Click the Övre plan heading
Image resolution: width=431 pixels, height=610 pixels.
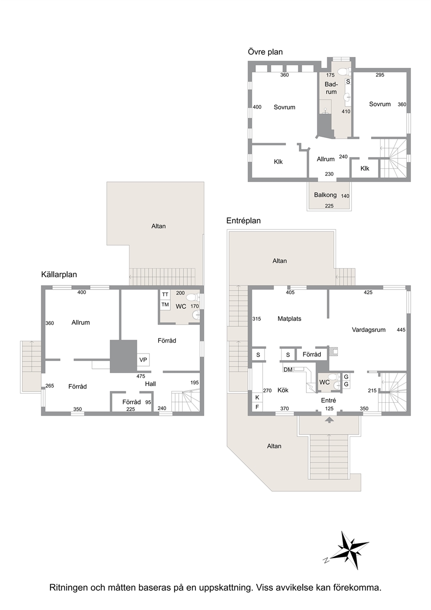[x=265, y=52]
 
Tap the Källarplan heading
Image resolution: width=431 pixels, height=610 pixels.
[x=59, y=274]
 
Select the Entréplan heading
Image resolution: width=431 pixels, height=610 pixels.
[x=244, y=220]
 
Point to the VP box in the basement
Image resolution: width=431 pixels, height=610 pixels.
[x=143, y=360]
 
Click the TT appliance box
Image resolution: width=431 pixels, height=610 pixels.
[x=165, y=294]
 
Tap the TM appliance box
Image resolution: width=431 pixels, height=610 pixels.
[x=165, y=304]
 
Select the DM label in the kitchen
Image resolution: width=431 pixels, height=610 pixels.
[x=288, y=370]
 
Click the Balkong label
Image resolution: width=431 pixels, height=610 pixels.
[x=325, y=195]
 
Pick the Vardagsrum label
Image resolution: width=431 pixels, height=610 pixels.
[x=369, y=330]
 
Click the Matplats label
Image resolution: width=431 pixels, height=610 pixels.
[x=289, y=319]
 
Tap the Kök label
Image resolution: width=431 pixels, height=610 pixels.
[x=283, y=390]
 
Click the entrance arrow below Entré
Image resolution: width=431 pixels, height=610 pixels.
[x=329, y=420]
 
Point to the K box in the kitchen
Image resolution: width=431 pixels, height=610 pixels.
[x=257, y=397]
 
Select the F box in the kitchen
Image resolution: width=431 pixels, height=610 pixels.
[x=257, y=407]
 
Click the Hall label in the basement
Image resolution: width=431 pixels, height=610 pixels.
[x=150, y=384]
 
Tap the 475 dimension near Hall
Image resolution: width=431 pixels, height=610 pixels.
[x=141, y=376]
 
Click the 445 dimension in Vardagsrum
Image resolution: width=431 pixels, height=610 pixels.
[x=401, y=330]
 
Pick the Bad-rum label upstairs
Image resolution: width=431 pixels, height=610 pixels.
[x=331, y=88]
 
